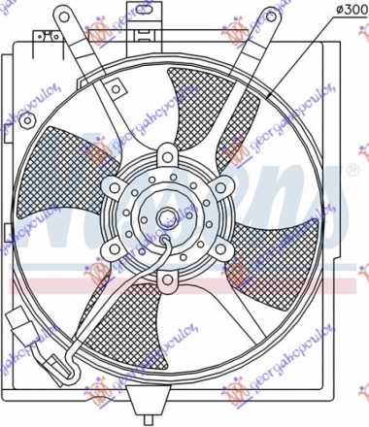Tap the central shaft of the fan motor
pyautogui.click(x=171, y=218)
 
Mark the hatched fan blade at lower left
pyautogui.click(x=112, y=315)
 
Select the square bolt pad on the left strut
pyautogui.click(x=117, y=92)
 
